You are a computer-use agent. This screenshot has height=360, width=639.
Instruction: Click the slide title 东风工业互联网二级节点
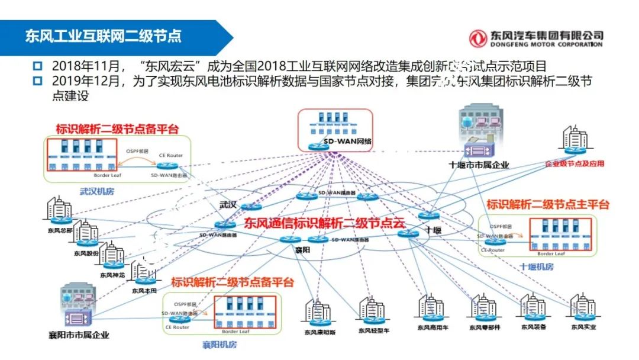(103, 36)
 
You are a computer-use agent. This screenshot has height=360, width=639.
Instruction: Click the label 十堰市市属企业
(479, 165)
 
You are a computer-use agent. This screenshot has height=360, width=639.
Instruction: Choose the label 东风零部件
(485, 327)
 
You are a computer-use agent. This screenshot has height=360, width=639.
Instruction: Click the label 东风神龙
(112, 275)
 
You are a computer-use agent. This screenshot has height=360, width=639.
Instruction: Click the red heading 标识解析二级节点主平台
(547, 205)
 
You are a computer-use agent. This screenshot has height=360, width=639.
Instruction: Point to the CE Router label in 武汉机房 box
(170, 155)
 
